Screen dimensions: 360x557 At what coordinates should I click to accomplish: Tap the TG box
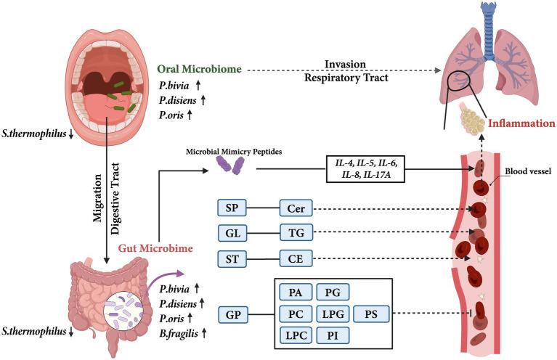pos(296,234)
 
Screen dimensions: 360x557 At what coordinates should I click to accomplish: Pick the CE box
pos(296,258)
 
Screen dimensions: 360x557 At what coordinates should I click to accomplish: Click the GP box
pos(232,315)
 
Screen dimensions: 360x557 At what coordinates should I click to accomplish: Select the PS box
pos(372,315)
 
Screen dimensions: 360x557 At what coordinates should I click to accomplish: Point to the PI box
pos(332,336)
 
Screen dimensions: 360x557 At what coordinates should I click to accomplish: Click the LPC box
pos(295,336)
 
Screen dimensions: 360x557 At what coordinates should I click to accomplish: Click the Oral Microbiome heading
pos(200,70)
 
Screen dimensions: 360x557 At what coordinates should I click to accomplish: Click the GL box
pos(232,234)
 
